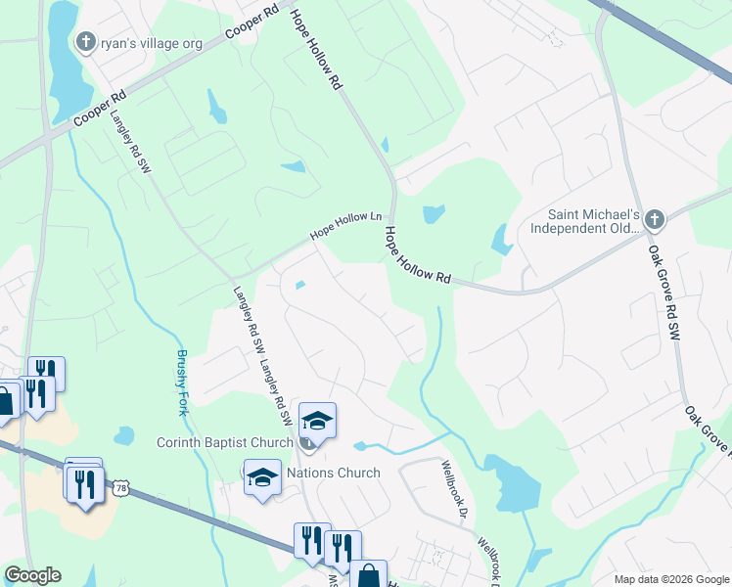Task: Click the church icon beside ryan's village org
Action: pyautogui.click(x=85, y=41)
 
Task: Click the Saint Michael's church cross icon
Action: pyautogui.click(x=655, y=220)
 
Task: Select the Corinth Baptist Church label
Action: pyautogui.click(x=225, y=442)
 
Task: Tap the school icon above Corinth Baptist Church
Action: pyautogui.click(x=317, y=421)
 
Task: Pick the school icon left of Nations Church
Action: pyautogui.click(x=262, y=477)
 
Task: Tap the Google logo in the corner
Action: pyautogui.click(x=31, y=575)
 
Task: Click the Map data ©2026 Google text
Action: pyautogui.click(x=670, y=579)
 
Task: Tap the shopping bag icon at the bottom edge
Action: pyautogui.click(x=370, y=576)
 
